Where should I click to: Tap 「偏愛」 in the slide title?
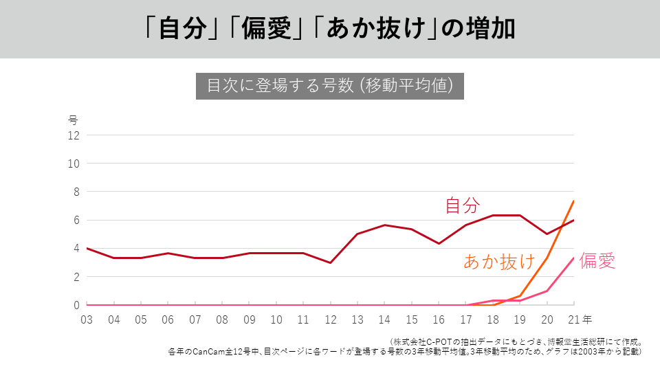267,29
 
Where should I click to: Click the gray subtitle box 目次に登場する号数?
329,86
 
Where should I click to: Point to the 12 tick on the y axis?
74,135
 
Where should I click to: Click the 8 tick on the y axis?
76,192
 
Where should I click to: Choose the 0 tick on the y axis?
76,305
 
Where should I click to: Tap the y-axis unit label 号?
74,120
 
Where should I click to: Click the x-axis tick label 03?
87,319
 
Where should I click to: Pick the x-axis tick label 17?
465,319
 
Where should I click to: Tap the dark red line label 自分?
462,205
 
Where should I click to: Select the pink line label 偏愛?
597,260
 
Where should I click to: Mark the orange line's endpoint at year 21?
573,201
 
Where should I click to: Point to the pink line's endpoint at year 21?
573,258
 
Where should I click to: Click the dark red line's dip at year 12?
330,262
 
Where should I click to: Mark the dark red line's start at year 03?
87,248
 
